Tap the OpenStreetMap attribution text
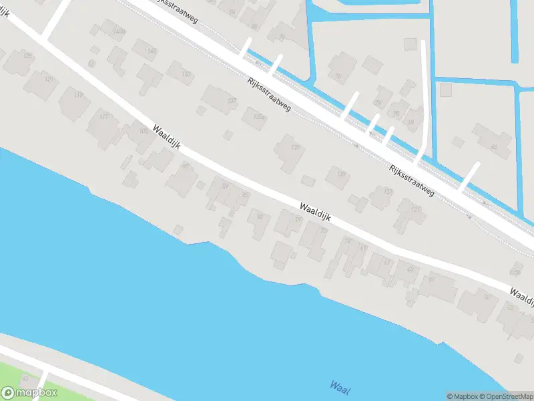[509, 396]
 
